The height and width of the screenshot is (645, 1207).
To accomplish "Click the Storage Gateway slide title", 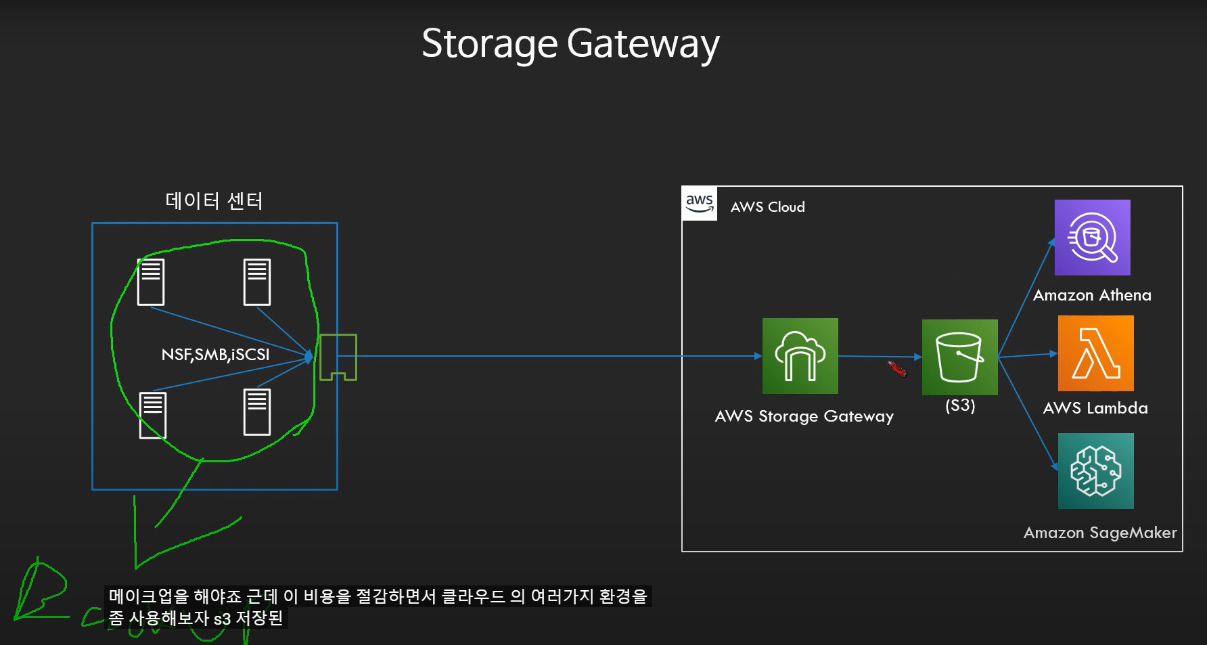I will (570, 44).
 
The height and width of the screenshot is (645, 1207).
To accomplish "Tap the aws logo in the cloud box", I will (700, 203).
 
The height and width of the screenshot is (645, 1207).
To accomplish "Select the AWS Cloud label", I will (767, 207).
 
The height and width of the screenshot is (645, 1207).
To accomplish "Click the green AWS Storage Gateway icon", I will (800, 356).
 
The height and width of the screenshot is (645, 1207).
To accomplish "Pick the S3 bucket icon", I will (959, 357).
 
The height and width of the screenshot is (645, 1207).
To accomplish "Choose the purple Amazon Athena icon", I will (1092, 238).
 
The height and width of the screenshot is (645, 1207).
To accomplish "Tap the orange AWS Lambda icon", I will (1095, 353).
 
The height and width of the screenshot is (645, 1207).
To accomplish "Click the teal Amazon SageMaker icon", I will (1095, 471).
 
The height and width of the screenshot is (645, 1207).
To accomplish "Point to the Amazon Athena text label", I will (1092, 295).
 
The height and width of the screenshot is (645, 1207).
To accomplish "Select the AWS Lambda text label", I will (1095, 408).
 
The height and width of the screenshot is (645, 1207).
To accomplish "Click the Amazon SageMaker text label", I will (1100, 533).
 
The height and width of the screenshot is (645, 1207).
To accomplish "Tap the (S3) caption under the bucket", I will (960, 405).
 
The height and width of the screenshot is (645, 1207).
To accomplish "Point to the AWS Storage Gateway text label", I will (804, 416).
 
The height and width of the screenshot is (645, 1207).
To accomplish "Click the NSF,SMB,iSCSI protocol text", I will (215, 354).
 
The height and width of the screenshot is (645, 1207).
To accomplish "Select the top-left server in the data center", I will (151, 282).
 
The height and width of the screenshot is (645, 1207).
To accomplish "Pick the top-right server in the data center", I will (257, 282).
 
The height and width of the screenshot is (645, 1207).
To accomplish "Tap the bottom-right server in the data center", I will (257, 412).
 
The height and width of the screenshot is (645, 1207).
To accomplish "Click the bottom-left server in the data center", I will (153, 415).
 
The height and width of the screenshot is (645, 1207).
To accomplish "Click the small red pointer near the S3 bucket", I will (897, 369).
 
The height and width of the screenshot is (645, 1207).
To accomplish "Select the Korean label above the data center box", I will (214, 201).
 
